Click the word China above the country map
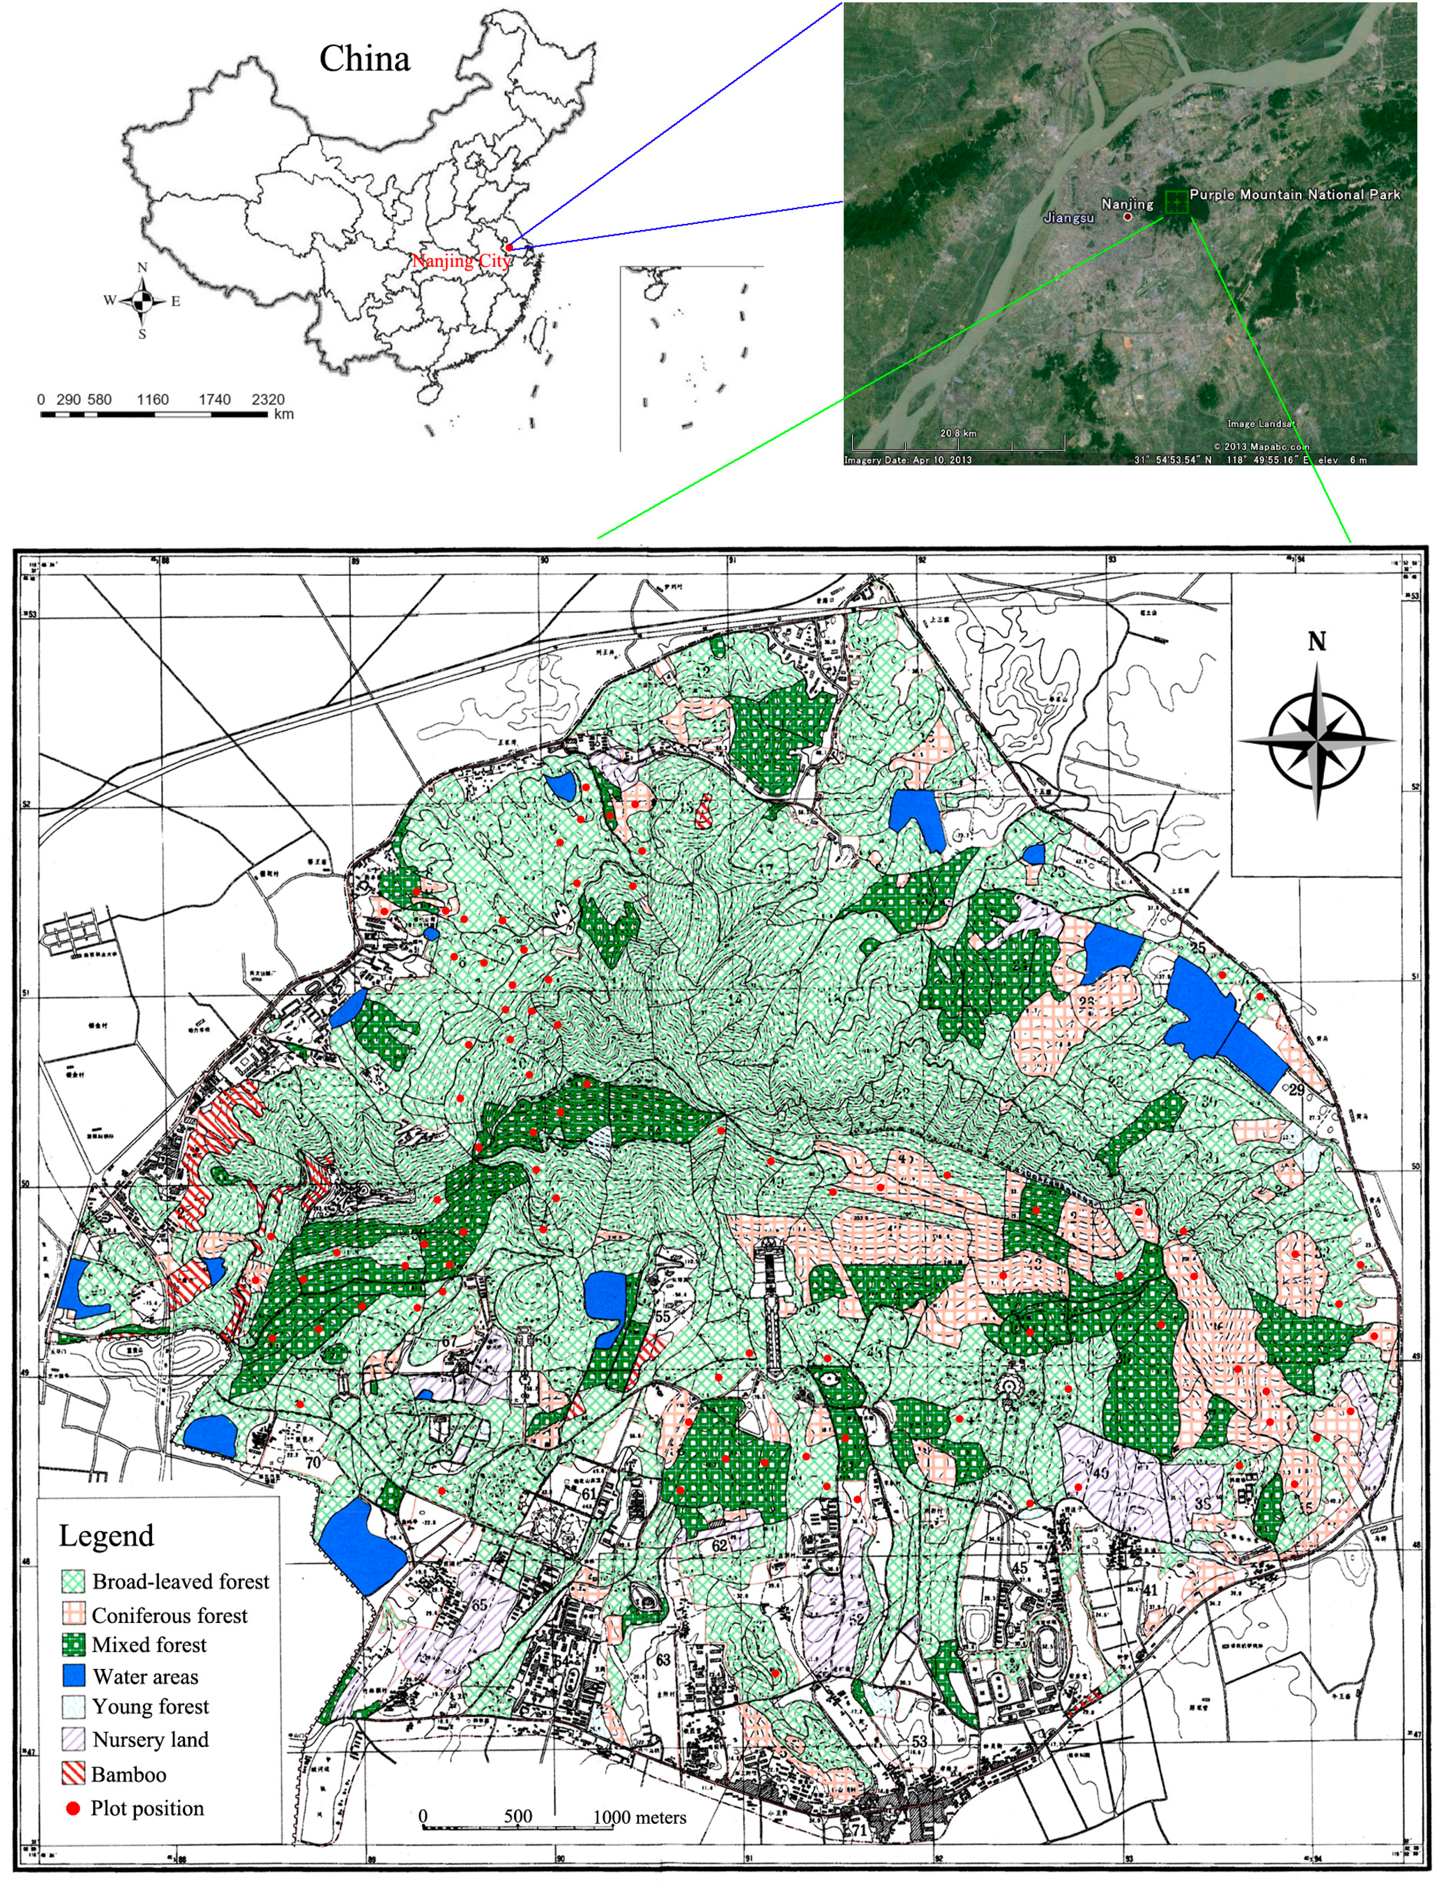tap(365, 58)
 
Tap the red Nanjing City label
tap(461, 261)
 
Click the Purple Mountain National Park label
tap(1294, 195)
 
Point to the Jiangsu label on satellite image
tap(1069, 218)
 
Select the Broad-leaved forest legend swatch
tap(74, 1582)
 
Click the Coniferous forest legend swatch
tap(74, 1614)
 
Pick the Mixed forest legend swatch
tap(74, 1645)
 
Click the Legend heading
tap(106, 1535)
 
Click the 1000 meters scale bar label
tap(639, 1817)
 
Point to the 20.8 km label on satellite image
tap(958, 433)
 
